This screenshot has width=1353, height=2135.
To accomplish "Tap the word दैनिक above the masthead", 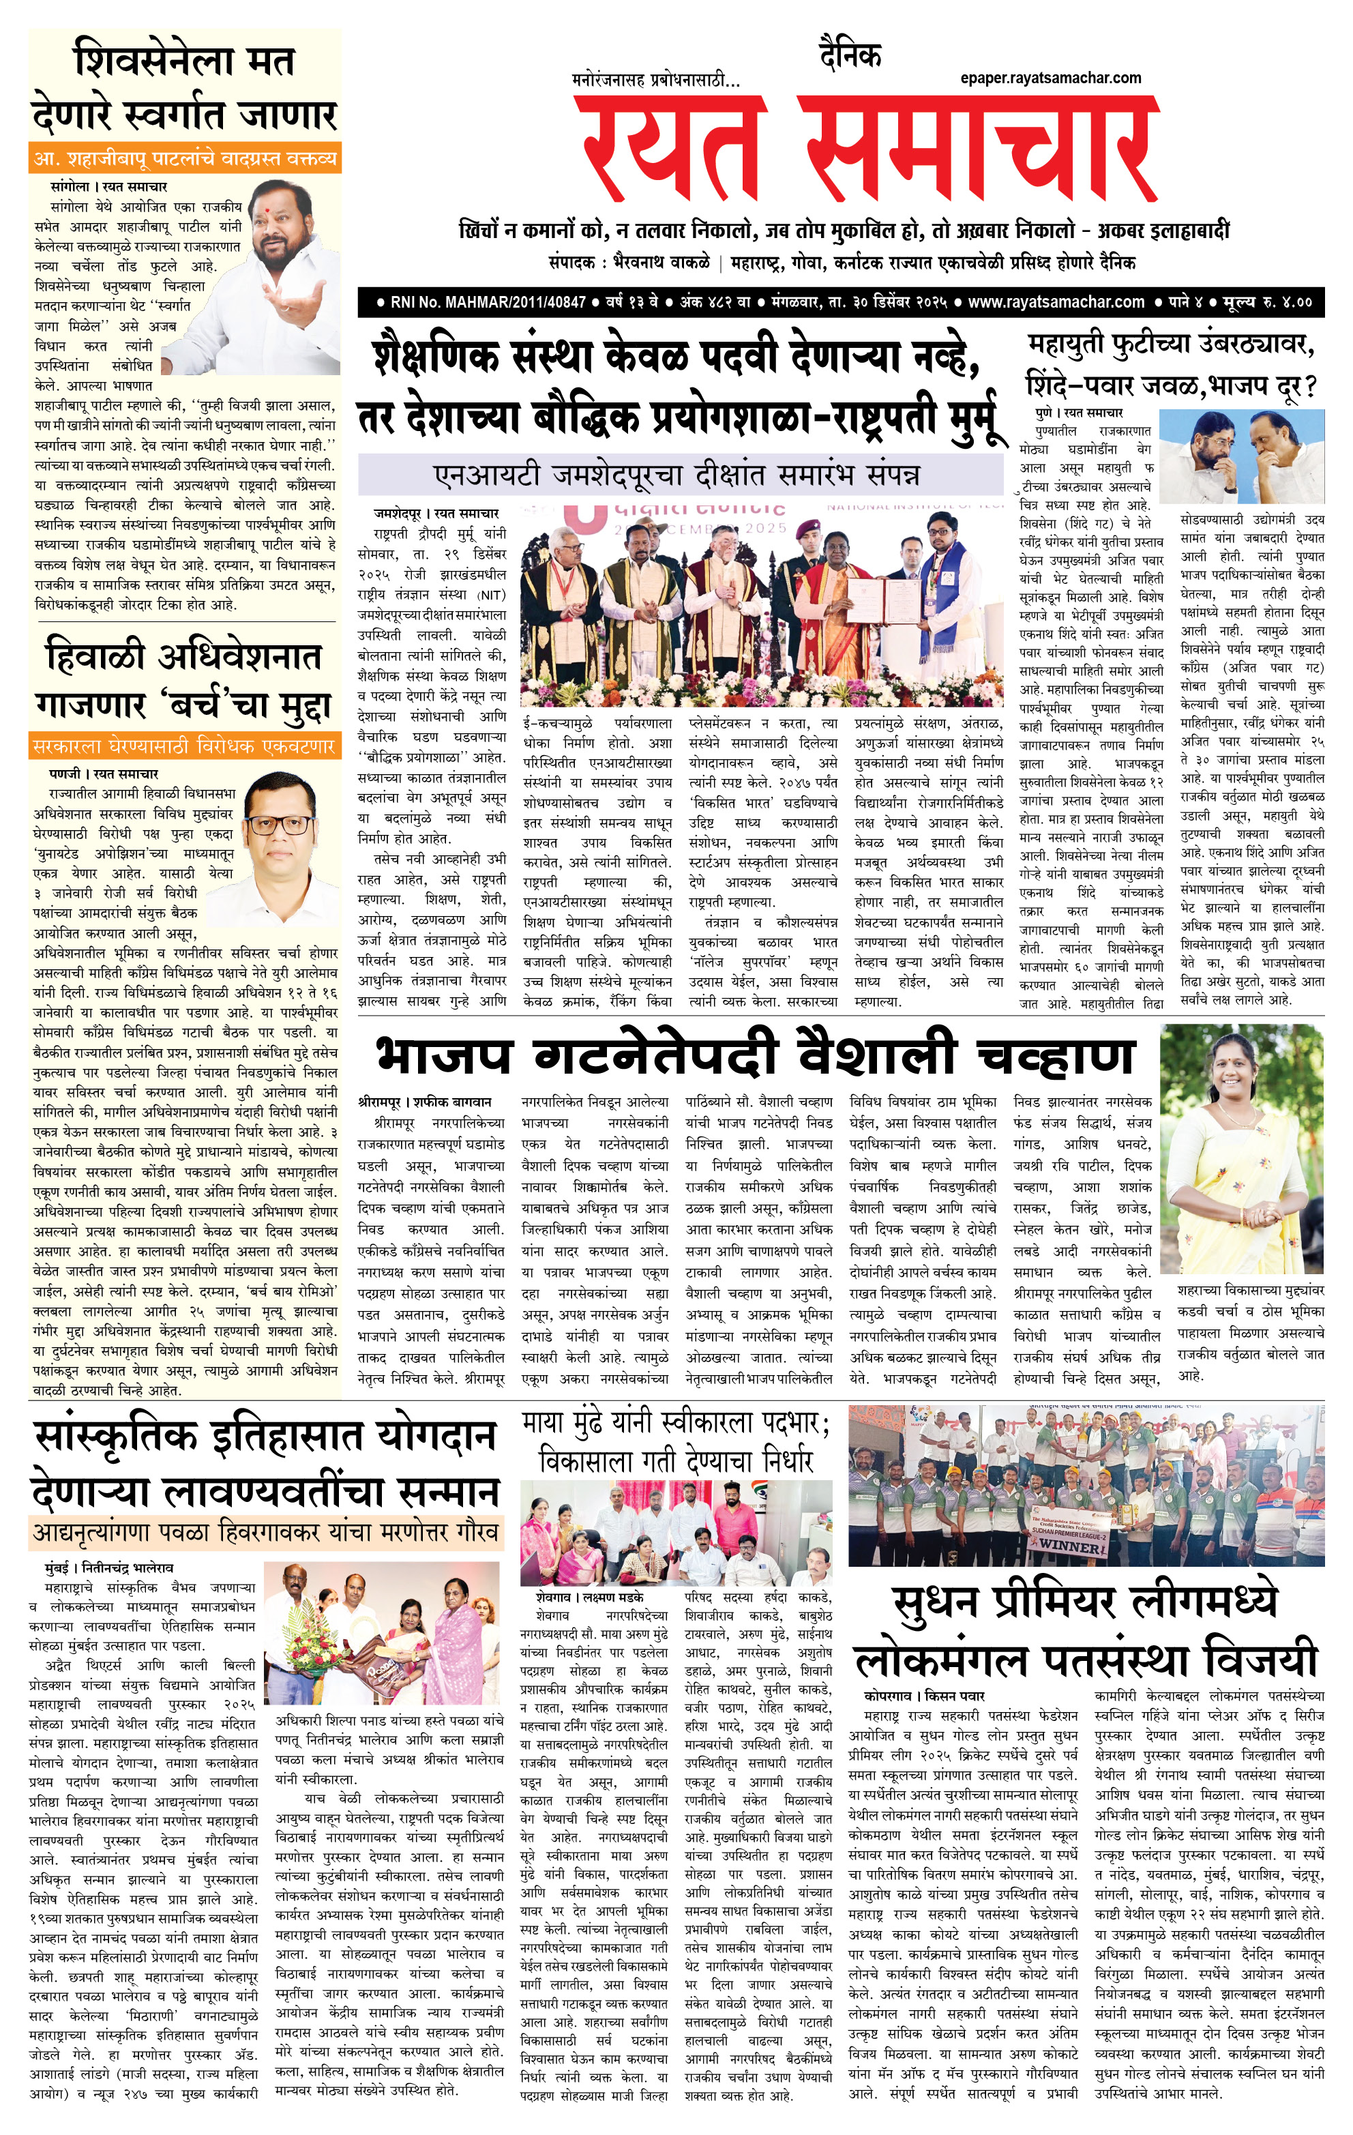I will coord(850,55).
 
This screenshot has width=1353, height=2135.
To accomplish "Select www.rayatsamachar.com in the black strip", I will coord(1055,302).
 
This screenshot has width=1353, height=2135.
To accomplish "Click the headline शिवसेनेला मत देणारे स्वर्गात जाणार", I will coord(184,89).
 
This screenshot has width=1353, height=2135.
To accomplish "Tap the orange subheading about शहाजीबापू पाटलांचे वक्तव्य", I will coord(184,159).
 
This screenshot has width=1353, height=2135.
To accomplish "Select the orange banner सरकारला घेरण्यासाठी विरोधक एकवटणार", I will coord(184,746).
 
